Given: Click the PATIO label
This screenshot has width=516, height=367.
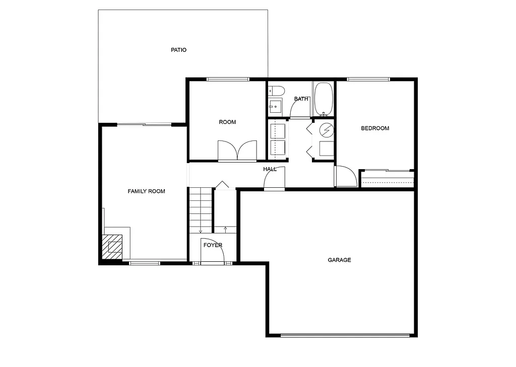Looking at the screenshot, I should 178,50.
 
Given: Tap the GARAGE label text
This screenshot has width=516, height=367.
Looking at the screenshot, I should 339,260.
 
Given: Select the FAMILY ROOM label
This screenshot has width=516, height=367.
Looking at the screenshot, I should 146,191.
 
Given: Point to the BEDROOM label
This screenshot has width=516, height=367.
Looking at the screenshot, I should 375,128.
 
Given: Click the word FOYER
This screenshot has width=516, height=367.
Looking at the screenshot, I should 213,245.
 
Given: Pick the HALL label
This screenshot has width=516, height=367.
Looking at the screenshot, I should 270,169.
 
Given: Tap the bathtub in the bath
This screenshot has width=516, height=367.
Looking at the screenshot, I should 323,99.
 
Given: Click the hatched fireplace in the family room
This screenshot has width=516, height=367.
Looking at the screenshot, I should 112,246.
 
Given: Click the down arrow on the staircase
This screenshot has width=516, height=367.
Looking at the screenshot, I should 201,231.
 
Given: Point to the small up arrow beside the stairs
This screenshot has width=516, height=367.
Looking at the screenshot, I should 225,229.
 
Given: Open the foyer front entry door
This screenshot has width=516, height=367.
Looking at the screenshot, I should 212,252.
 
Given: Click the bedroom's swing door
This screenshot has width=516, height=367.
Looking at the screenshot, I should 346,177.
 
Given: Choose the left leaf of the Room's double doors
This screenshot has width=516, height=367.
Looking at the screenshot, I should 227,151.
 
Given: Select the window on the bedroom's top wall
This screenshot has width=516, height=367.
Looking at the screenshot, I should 368,79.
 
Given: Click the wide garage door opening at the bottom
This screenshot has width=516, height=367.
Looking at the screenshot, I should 345,335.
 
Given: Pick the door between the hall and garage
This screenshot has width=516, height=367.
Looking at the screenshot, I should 275,179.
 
